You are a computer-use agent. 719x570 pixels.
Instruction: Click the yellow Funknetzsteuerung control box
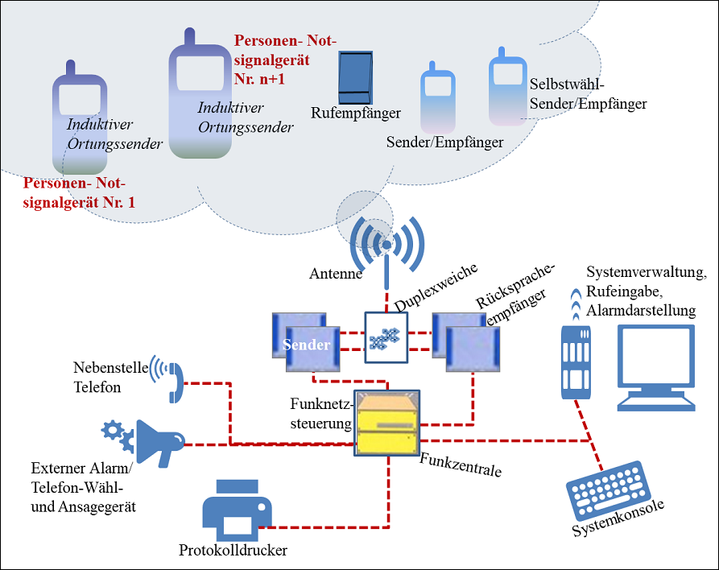pos(387,423)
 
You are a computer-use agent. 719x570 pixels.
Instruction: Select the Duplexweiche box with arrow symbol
pos(386,338)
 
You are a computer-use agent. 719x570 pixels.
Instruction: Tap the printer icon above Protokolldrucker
pos(237,510)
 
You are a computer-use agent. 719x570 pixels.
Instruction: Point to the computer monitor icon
pos(656,368)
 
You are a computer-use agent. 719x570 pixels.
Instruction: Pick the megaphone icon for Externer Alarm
pos(160,444)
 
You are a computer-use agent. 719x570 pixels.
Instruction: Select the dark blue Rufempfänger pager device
pos(355,77)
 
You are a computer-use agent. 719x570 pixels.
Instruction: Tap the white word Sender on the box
pos(306,345)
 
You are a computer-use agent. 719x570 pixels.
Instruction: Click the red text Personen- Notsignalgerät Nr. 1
pos(79,192)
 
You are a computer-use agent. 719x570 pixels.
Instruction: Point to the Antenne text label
pos(336,274)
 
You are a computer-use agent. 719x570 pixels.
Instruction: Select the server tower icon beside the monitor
pos(576,362)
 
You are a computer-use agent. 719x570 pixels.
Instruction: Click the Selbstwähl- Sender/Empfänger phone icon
pos(507,86)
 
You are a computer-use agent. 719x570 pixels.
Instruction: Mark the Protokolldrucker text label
pos(233,551)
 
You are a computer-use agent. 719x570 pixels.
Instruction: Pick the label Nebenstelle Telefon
pos(111,378)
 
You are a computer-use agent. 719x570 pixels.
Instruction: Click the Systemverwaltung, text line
pos(647,272)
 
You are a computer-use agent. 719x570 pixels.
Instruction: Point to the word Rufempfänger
pos(356,114)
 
